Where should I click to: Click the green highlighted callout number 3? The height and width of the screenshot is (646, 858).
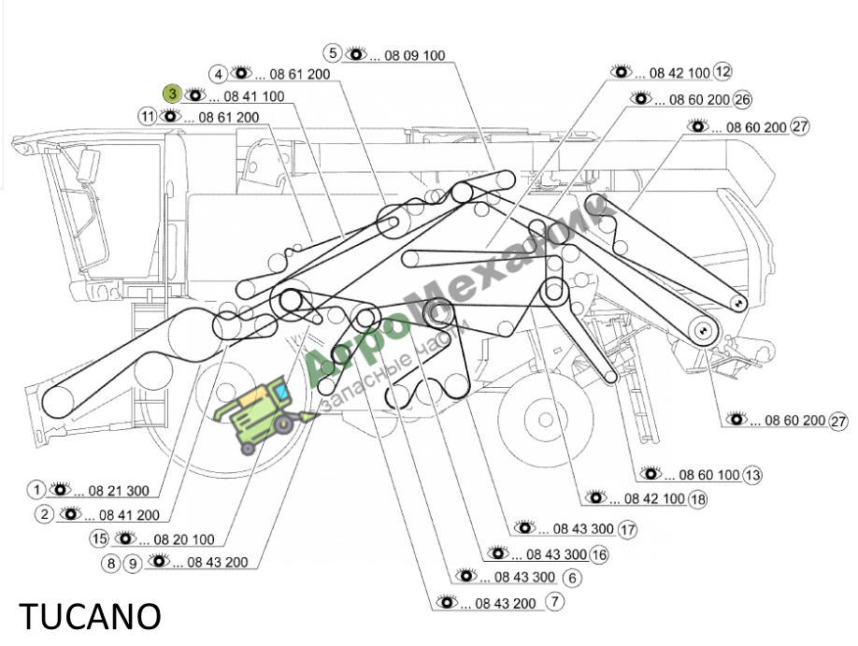[172, 93]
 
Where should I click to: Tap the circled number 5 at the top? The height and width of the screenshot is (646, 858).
[332, 53]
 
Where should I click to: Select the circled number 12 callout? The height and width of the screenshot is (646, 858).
[722, 71]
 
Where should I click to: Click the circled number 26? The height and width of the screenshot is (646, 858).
[742, 99]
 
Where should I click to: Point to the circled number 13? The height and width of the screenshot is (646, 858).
[752, 475]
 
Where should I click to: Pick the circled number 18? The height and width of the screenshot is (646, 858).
[697, 499]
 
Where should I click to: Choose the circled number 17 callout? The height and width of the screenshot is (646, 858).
[627, 529]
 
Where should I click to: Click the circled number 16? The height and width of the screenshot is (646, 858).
[599, 554]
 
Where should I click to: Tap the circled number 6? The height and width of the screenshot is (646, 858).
[572, 578]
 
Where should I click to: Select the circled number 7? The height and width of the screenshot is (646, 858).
[554, 602]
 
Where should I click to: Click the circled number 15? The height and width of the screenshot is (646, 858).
[99, 538]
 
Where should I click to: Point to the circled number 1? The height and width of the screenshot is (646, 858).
[36, 490]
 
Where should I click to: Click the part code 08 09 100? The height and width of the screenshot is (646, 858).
[415, 55]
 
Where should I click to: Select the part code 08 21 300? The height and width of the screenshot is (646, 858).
[119, 491]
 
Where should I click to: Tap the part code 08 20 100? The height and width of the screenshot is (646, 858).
[184, 539]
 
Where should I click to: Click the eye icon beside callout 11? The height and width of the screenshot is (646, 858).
[170, 116]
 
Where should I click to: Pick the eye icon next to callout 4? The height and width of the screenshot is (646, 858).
[241, 72]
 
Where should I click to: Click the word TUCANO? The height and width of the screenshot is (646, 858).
[90, 616]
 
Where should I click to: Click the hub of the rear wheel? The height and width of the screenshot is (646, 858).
[545, 420]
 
